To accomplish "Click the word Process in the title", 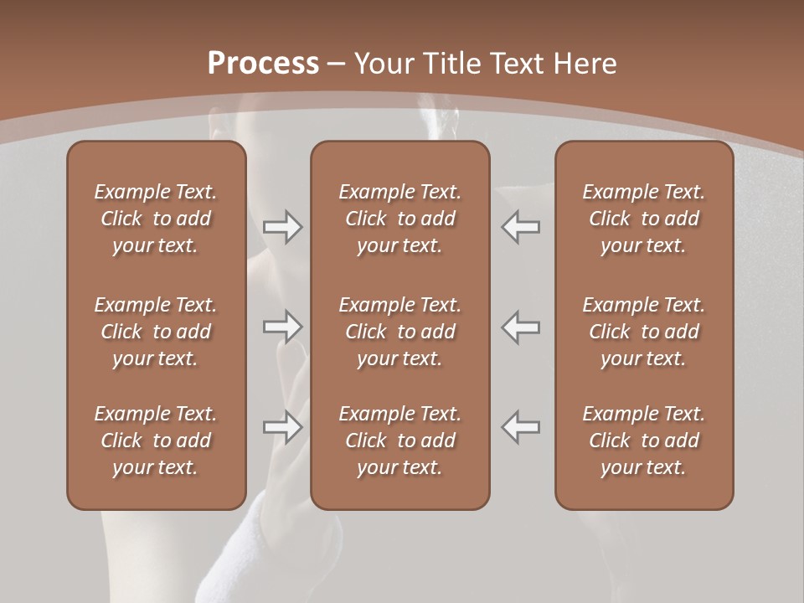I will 263,64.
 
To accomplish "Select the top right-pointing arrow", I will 282,227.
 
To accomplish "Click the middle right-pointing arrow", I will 282,327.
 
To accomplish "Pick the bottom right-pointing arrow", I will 282,427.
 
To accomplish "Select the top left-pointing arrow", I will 521,227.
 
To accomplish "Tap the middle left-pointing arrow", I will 521,327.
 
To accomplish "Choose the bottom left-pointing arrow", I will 521,427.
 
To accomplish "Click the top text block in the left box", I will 156,219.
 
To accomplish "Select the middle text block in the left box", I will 156,332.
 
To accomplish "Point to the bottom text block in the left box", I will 156,441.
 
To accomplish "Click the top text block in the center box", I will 400,219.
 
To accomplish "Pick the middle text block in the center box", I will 400,332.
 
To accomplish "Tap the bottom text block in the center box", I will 400,441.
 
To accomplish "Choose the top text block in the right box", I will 644,219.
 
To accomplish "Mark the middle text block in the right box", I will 644,332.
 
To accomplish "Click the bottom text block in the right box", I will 644,441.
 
